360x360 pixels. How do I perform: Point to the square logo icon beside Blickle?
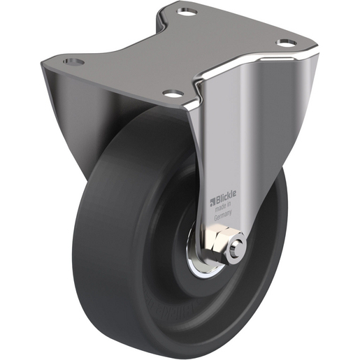213,203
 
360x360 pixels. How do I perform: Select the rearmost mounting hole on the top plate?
187,12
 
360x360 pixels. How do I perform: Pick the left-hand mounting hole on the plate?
73,62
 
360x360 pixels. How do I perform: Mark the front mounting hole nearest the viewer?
172,93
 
